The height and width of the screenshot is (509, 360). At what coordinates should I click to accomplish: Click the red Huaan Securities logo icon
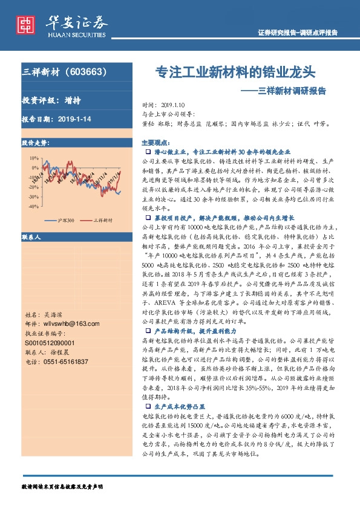pos(25,24)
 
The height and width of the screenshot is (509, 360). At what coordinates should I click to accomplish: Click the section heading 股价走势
pos(34,143)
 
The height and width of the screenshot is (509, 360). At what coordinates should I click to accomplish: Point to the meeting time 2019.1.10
pos(177,104)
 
